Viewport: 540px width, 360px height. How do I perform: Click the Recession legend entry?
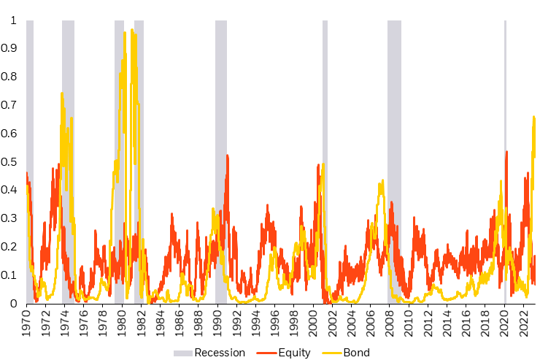pos(218,353)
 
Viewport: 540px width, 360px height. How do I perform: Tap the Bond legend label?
pos(357,353)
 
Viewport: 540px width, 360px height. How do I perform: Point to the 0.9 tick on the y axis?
pos(10,48)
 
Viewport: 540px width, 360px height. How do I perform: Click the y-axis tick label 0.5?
pos(10,161)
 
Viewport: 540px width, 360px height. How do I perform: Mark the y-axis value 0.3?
pos(10,218)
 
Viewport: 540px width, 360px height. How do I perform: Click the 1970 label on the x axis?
pos(26,323)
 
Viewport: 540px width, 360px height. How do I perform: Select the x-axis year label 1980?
pos(122,323)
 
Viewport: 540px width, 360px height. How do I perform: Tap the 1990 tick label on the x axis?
pos(217,323)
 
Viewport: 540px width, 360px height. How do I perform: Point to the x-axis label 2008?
pos(389,323)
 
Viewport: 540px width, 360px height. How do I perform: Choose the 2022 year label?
pos(522,323)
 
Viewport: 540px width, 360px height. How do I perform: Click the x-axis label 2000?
pos(312,323)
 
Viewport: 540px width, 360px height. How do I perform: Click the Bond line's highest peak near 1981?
pos(132,30)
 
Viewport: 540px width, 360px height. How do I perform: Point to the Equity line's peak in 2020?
pos(506,152)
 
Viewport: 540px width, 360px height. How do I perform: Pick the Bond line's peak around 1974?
pos(62,93)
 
